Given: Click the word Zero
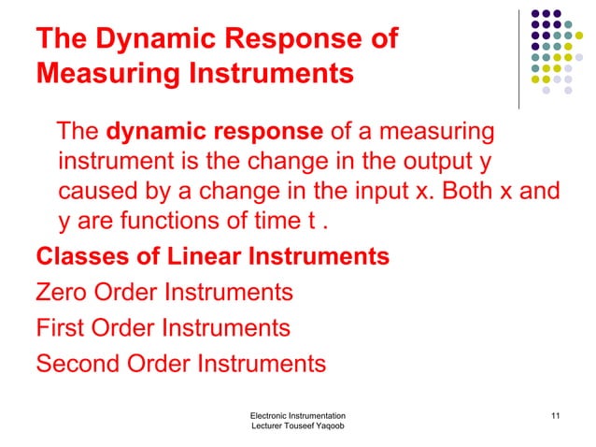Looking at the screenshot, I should (x=64, y=293).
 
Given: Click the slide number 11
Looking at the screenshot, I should (x=556, y=414).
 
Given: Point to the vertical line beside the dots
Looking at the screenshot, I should (x=519, y=56).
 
